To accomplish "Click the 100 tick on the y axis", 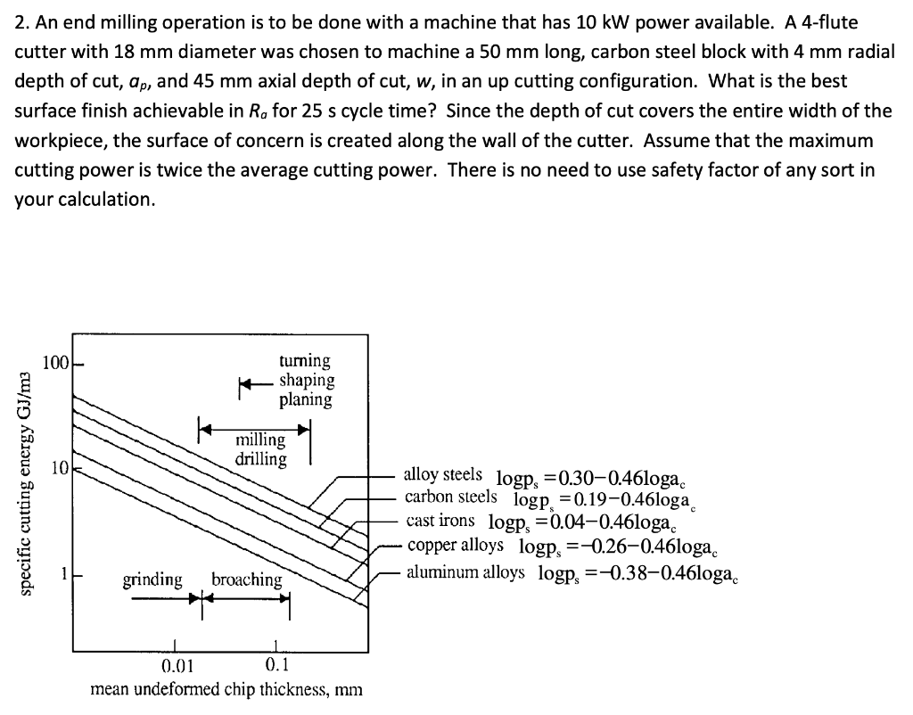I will pos(55,364).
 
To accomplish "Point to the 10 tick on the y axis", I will pos(59,468).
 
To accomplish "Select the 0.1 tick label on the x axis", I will pos(278,666).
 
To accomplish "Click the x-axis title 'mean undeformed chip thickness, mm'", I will pos(226,689).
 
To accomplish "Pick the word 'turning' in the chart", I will pos(304,360).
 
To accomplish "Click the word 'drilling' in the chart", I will pos(260,459).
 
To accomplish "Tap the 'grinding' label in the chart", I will pos(152,579).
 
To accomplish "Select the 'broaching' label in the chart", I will pos(246,579).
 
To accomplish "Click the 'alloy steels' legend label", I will pos(443,474).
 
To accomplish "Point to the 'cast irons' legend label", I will pos(440,521).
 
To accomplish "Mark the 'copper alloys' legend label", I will pos(455,544).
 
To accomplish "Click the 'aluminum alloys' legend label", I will pos(465,571).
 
